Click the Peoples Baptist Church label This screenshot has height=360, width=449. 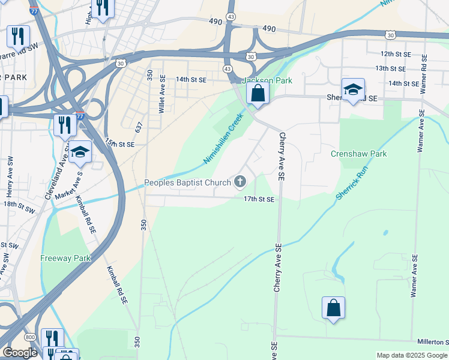point(187,182)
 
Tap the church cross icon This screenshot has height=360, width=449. point(241,182)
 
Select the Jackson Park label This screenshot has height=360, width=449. point(266,80)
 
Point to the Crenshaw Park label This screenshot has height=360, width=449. point(359,154)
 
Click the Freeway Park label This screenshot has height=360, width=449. point(65,259)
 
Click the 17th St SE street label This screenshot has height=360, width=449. point(259,199)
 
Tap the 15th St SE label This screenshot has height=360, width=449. point(119,145)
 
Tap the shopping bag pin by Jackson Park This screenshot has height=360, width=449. point(258,94)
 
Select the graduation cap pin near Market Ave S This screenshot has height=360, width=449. point(79,152)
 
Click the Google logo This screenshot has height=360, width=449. point(20,353)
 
